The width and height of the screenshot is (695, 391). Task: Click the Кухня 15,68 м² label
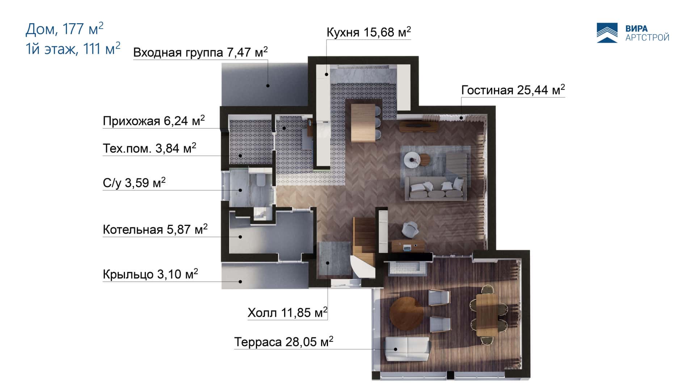pos(368,32)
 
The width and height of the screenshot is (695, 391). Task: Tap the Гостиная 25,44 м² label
pos(513,89)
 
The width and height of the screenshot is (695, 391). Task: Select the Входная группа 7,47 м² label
pos(201,52)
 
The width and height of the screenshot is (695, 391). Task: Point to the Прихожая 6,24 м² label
pos(154,121)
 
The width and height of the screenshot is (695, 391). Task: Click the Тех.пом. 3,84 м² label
pos(149,148)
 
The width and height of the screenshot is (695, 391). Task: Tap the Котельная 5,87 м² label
pos(155,229)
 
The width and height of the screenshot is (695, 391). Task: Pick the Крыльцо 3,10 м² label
pos(151,274)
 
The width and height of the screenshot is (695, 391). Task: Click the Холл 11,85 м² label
pos(287,312)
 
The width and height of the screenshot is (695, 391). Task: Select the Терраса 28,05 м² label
pos(284,341)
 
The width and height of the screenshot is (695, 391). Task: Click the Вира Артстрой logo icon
pos(607,33)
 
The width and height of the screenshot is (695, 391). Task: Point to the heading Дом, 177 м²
pos(64,29)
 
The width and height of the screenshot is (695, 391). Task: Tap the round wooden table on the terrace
pos(407,314)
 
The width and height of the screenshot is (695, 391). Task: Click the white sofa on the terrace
pos(407,349)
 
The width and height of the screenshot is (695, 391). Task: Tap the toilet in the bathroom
pos(260,180)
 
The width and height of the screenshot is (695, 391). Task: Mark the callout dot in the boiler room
pos(240,237)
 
